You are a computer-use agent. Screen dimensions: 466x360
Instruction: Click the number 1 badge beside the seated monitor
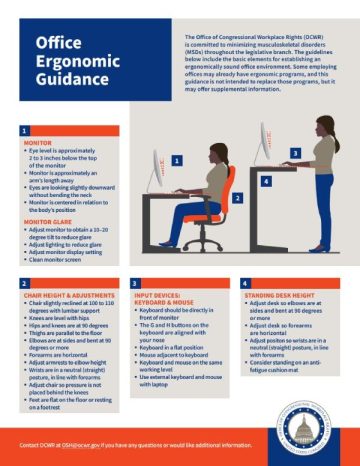pos(176,160)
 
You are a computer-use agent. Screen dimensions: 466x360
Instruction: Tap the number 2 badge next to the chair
pos(237,198)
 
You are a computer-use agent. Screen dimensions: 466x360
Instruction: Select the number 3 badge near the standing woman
pos(294,154)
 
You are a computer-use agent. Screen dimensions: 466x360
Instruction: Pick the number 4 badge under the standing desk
pos(266,181)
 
